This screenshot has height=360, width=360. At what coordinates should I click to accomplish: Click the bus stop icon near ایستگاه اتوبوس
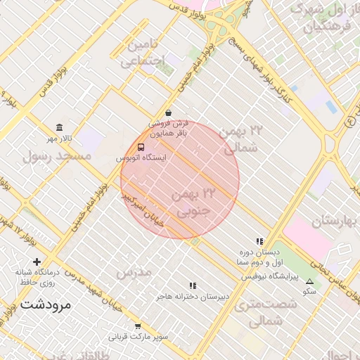click(x=141, y=148)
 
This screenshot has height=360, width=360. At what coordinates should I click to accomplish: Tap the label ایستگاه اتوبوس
click(x=141, y=158)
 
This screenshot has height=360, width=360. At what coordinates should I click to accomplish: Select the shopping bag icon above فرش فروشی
click(x=168, y=112)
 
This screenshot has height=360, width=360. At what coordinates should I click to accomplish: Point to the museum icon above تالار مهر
click(x=59, y=127)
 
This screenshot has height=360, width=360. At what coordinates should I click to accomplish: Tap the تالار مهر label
click(x=59, y=138)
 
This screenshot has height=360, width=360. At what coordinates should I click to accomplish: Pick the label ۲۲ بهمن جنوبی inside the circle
click(x=198, y=201)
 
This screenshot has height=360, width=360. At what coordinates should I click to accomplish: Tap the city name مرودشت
click(x=46, y=304)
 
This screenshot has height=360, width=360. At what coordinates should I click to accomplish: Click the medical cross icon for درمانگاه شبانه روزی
click(x=37, y=262)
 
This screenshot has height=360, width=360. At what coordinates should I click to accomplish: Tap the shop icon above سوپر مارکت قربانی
click(x=138, y=326)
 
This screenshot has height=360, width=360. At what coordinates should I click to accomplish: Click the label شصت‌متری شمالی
click(x=259, y=313)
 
